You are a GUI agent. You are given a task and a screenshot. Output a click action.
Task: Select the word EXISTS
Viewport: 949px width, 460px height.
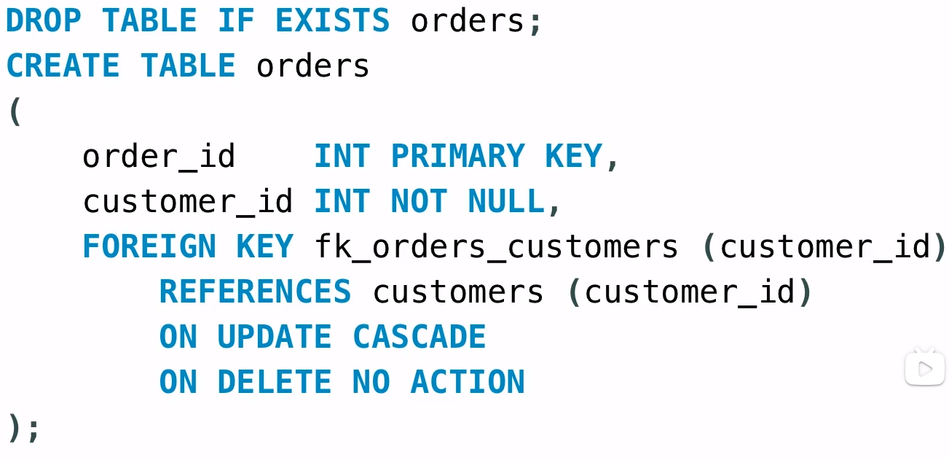pyautogui.click(x=332, y=20)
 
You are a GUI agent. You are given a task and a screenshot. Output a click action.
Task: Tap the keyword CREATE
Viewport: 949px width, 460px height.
pyautogui.click(x=63, y=66)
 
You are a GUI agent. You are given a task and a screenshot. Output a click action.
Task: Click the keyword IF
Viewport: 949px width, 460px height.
pyautogui.click(x=236, y=20)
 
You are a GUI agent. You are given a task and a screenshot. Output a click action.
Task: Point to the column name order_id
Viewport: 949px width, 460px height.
pyautogui.click(x=159, y=157)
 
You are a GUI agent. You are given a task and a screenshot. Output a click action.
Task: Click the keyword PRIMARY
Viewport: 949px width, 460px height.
pyautogui.click(x=457, y=157)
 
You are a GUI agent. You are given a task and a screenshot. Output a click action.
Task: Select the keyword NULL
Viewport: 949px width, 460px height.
pyautogui.click(x=506, y=202)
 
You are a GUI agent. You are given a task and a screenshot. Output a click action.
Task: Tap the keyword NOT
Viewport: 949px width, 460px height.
pyautogui.click(x=419, y=202)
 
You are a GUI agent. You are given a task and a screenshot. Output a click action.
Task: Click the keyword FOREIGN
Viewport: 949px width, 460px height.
pyautogui.click(x=149, y=247)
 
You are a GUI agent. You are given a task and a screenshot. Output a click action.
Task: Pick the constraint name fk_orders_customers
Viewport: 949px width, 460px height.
pyautogui.click(x=496, y=247)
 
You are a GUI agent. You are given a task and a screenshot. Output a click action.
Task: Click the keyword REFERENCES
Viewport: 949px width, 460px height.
pyautogui.click(x=255, y=292)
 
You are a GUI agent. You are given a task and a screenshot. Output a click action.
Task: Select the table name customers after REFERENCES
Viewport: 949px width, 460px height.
pyautogui.click(x=458, y=292)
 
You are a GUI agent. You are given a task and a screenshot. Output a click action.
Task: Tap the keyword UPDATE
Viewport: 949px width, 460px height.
pyautogui.click(x=275, y=338)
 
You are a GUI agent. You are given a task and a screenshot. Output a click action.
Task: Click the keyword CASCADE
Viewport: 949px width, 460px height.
pyautogui.click(x=419, y=338)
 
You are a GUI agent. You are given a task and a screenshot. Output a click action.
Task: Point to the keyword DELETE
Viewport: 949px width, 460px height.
pyautogui.click(x=275, y=383)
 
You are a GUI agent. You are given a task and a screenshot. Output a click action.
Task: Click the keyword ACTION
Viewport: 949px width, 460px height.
pyautogui.click(x=468, y=383)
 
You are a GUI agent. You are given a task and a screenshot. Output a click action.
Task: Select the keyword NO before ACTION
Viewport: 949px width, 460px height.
pyautogui.click(x=371, y=383)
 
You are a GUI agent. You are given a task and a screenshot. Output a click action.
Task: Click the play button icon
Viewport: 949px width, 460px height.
pyautogui.click(x=924, y=369)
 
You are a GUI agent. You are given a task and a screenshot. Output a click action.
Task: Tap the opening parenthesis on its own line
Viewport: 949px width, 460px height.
pyautogui.click(x=14, y=112)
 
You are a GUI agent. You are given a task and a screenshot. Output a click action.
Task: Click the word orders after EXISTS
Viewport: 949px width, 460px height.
pyautogui.click(x=468, y=20)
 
